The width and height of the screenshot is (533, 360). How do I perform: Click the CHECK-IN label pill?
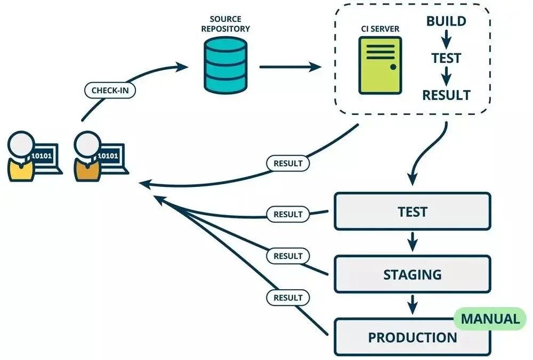(x=110, y=91)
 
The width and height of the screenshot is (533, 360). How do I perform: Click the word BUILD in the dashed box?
(x=447, y=22)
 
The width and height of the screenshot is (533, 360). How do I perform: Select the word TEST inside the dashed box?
(x=447, y=58)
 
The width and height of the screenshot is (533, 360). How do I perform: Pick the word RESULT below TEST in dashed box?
(x=447, y=95)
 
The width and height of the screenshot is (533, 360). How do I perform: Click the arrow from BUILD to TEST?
(x=447, y=40)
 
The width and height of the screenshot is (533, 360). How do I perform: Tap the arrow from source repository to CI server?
(x=290, y=67)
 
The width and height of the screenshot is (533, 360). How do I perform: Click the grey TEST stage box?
(x=412, y=212)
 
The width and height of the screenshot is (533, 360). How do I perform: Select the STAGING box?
(x=412, y=274)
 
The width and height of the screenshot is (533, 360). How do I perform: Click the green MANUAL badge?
(x=490, y=319)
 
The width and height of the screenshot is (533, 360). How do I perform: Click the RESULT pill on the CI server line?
(x=288, y=163)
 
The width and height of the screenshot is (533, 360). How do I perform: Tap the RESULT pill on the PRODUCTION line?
(x=288, y=298)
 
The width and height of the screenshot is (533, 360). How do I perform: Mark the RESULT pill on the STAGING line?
(x=288, y=256)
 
